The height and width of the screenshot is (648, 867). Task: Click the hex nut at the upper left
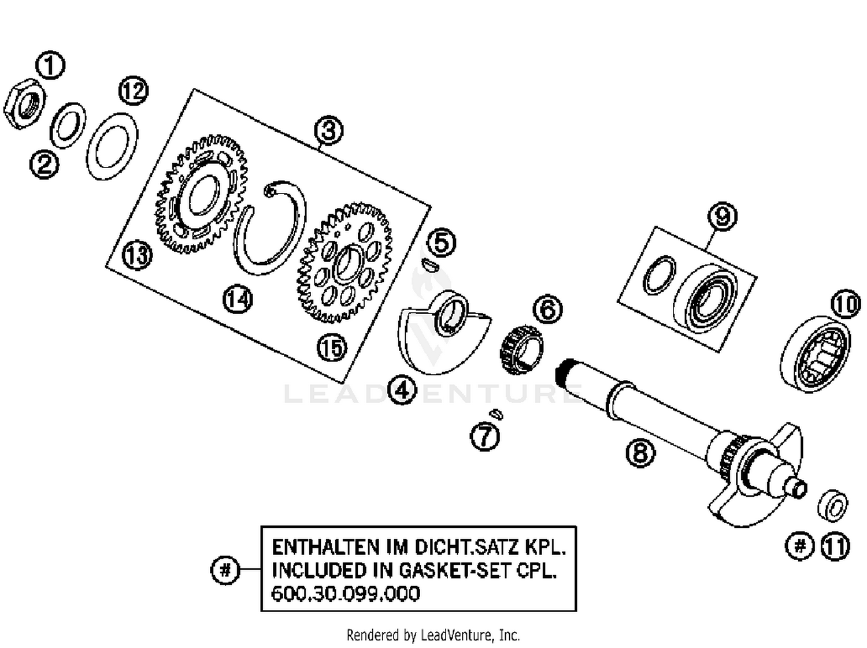(23, 105)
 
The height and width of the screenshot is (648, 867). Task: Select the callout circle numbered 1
(50, 65)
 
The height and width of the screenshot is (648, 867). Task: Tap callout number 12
(134, 91)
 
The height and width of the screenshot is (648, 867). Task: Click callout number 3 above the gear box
(329, 131)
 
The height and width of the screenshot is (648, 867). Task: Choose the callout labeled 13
(138, 255)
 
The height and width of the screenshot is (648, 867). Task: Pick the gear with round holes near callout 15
(345, 263)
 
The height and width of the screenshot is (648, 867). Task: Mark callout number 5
(442, 243)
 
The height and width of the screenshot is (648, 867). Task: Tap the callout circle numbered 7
(484, 437)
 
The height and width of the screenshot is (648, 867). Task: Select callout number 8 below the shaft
(640, 452)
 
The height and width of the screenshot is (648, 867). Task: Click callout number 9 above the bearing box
(722, 217)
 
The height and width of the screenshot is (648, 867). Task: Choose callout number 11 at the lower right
(835, 546)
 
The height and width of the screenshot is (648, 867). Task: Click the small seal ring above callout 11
(833, 505)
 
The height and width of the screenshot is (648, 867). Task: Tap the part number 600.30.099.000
(346, 594)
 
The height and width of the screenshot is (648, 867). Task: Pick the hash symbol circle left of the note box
(225, 570)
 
